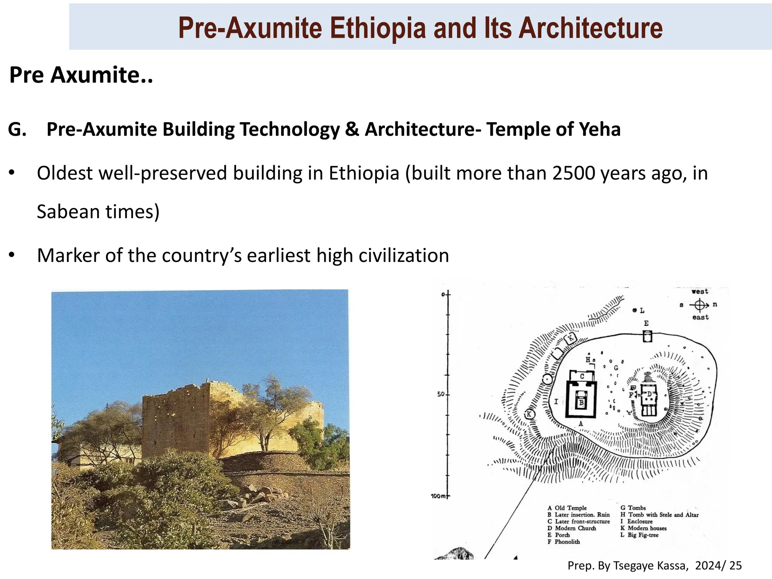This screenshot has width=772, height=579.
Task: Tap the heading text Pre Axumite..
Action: [81, 75]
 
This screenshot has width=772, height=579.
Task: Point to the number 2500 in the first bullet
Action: [573, 173]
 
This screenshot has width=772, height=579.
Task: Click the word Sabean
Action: [68, 211]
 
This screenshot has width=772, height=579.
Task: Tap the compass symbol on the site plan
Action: [699, 305]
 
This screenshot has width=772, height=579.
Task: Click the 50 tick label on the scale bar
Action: [440, 394]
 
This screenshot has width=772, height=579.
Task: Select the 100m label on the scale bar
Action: [438, 496]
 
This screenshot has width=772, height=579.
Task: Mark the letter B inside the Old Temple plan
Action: [581, 403]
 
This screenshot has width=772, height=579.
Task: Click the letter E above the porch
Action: [646, 323]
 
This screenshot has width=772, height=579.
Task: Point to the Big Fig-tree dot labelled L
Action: [635, 310]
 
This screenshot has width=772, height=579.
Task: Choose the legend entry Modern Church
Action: [575, 528]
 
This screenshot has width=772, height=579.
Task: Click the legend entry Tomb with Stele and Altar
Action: [663, 515]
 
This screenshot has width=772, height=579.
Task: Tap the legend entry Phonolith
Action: [567, 542]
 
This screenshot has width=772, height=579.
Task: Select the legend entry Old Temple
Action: [570, 508]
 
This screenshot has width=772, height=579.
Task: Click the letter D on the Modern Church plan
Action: [649, 394]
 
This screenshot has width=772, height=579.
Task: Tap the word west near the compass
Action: [700, 291]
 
